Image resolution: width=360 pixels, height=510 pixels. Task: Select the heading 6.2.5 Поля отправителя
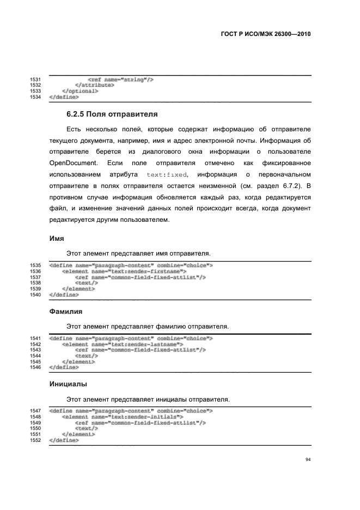(x=112, y=114)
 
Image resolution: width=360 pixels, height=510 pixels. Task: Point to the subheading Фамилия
(x=66, y=312)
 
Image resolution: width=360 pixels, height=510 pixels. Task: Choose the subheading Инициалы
(x=69, y=384)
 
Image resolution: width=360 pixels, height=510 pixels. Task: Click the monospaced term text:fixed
(x=167, y=175)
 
